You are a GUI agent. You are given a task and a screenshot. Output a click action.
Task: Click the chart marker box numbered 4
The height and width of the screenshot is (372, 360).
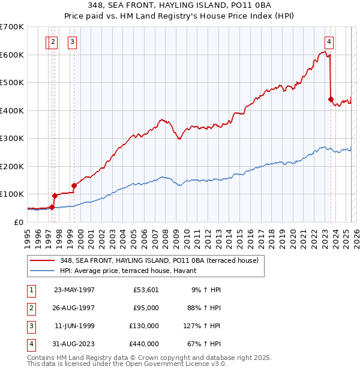[329, 41]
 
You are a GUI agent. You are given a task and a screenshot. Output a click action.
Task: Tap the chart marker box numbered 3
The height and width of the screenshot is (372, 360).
[72, 41]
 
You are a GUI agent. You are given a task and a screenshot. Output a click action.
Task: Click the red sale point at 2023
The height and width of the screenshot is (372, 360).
[331, 100]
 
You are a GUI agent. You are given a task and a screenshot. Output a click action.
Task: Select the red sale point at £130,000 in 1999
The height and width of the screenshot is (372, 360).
[74, 185]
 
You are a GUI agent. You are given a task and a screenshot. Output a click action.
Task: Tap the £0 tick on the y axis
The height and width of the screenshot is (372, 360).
[19, 222]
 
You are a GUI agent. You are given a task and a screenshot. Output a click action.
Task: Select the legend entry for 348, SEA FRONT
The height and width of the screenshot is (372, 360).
[158, 260]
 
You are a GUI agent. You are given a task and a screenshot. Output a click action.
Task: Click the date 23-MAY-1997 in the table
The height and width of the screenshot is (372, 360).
[74, 290]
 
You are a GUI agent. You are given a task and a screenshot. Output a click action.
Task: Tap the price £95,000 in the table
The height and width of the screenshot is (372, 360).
[145, 308]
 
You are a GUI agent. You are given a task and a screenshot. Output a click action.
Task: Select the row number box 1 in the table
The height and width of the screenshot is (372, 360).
[31, 290]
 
